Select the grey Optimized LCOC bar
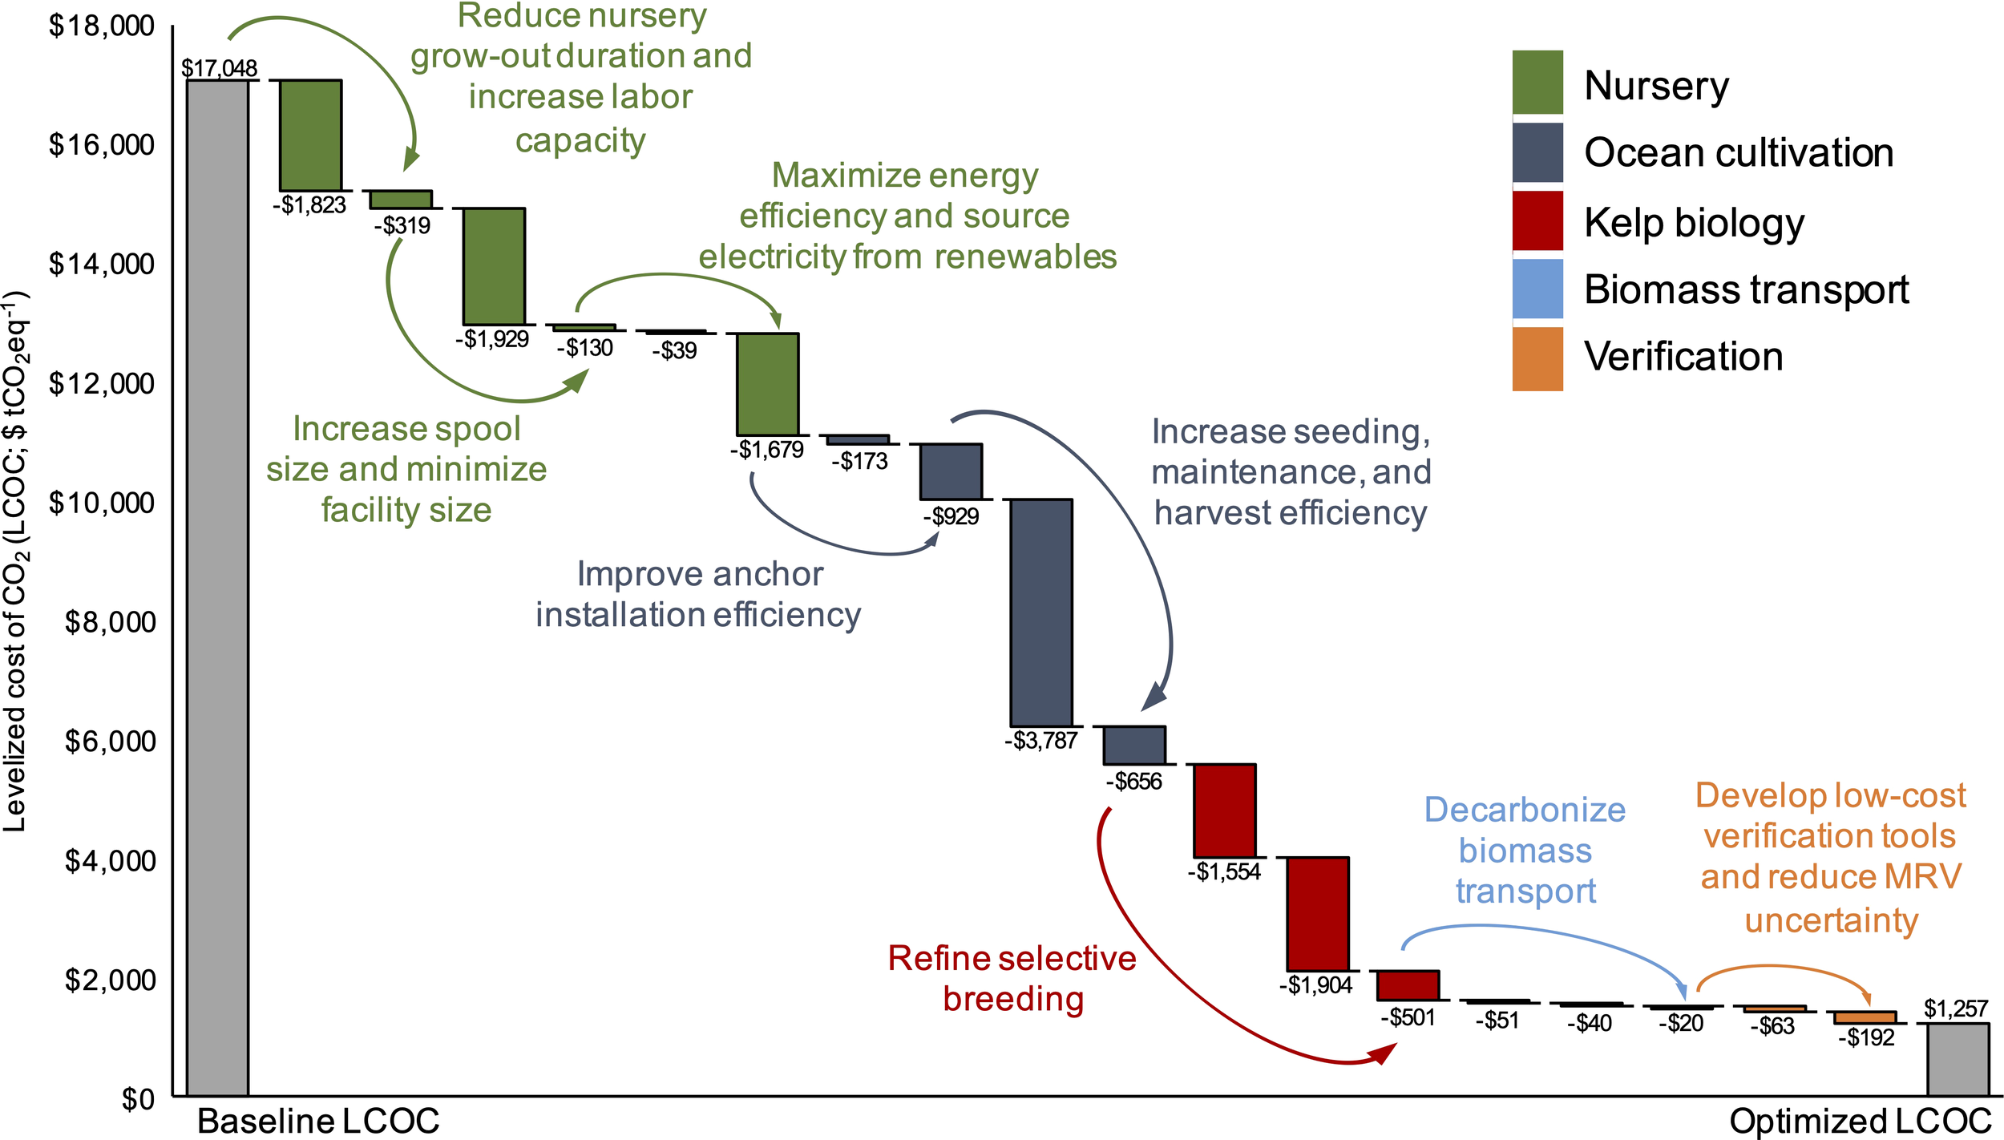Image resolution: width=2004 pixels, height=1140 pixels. pyautogui.click(x=1958, y=1059)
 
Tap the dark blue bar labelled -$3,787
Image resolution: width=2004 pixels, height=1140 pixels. pyautogui.click(x=1040, y=612)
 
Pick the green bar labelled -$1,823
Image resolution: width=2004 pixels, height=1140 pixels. pyautogui.click(x=310, y=135)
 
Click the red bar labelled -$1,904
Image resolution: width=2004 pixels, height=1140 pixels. pyautogui.click(x=1317, y=914)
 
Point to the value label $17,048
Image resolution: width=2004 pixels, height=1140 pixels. pyautogui.click(x=219, y=68)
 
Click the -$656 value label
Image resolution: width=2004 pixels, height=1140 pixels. pyautogui.click(x=1133, y=782)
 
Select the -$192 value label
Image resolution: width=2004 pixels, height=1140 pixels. pyautogui.click(x=1866, y=1038)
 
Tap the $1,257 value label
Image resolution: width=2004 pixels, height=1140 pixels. pyautogui.click(x=1955, y=1009)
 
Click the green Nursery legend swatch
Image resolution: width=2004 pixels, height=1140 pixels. pyautogui.click(x=1537, y=83)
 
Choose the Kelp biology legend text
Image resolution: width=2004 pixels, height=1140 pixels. pyautogui.click(x=1694, y=222)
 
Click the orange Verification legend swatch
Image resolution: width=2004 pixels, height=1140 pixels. pyautogui.click(x=1537, y=358)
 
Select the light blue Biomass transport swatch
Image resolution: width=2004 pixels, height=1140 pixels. pyautogui.click(x=1537, y=289)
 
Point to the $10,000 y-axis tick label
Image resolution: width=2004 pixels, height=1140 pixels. pyautogui.click(x=102, y=503)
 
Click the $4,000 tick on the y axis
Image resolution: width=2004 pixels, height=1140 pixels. pyautogui.click(x=110, y=861)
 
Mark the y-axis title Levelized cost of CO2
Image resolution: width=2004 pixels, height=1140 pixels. pyautogui.click(x=16, y=561)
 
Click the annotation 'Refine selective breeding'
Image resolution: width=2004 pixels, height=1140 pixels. pyautogui.click(x=1012, y=979)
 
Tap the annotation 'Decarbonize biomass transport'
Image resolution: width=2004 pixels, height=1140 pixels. pyautogui.click(x=1525, y=851)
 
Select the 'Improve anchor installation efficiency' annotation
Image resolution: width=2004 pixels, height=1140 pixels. pyautogui.click(x=698, y=595)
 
